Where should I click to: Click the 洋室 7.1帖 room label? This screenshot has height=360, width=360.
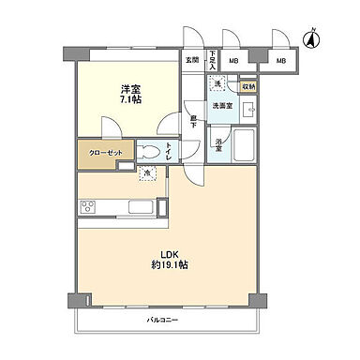click(130, 95)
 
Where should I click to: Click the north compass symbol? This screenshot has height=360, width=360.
click(312, 38)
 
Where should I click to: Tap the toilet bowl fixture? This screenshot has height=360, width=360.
click(150, 151)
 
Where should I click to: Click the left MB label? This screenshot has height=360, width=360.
click(233, 62)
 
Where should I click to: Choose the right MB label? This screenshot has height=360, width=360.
click(280, 62)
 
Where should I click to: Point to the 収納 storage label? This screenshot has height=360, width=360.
click(247, 86)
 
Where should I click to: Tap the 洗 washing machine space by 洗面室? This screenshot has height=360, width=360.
click(217, 85)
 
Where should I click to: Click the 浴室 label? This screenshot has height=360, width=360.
click(217, 145)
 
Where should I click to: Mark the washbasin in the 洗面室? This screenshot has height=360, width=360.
click(249, 110)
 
